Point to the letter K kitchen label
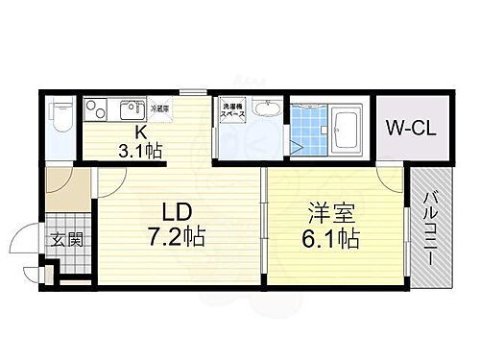pos(140,132)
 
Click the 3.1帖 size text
pos(140,151)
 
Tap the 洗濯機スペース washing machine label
pos(234,111)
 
